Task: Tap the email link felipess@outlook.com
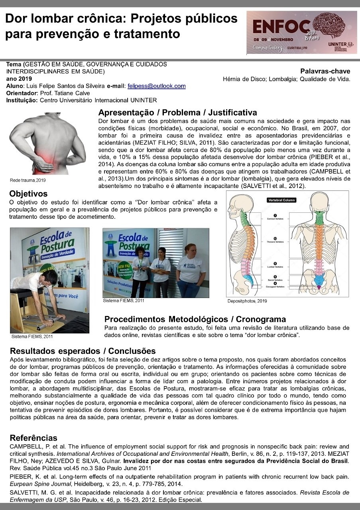point(156,86)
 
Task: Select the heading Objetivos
point(29,194)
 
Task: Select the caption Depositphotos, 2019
point(247,301)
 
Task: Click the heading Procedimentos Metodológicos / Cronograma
point(195,319)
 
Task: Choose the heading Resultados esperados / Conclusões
point(83,351)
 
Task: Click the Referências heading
point(33,438)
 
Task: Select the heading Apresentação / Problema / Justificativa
point(177,113)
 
